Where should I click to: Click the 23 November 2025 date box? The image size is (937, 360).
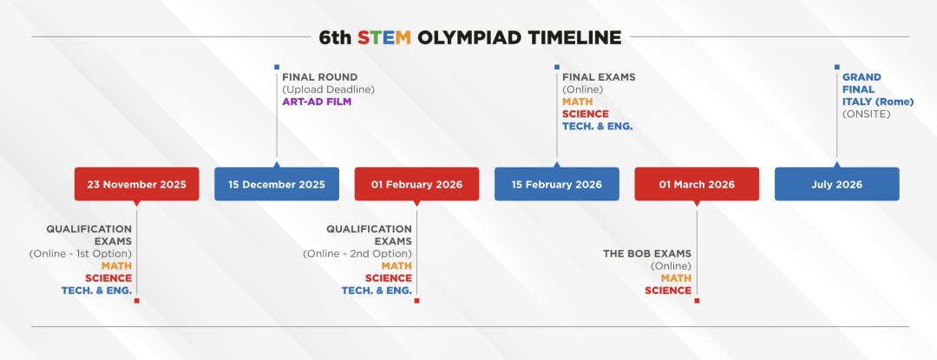136,184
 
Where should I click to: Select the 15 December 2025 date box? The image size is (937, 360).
277,184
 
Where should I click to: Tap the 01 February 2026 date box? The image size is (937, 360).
416,184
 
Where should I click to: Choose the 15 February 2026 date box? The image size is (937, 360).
557,184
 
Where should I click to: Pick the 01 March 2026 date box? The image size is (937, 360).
697,184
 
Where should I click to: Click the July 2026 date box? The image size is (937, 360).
836,184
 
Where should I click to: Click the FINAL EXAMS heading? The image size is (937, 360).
599,77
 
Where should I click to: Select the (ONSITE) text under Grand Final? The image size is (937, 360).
866,114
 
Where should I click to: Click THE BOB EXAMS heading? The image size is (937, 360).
647,254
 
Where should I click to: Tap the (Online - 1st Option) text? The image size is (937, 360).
80,254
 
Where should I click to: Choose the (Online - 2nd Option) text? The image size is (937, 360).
357,254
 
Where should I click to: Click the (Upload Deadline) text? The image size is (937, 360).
328,89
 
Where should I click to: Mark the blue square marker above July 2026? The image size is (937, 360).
837,67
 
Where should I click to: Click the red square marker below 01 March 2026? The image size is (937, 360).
697,301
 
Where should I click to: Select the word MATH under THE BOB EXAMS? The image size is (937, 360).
676,278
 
